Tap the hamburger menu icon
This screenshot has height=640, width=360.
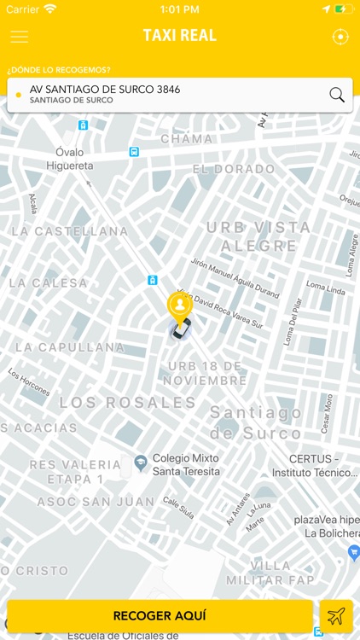tap(19, 37)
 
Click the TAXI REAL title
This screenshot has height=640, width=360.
tap(180, 36)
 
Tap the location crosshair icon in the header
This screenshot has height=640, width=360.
tap(340, 37)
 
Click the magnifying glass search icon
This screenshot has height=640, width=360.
tap(337, 95)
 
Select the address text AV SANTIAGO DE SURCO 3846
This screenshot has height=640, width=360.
tap(105, 89)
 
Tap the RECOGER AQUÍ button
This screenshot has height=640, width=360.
tap(160, 615)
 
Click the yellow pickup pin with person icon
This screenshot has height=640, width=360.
tap(179, 305)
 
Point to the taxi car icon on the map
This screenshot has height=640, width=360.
tap(179, 329)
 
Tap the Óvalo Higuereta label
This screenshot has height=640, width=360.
tap(69, 159)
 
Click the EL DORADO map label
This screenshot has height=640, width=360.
tap(233, 169)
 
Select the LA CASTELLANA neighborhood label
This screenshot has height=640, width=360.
tap(69, 231)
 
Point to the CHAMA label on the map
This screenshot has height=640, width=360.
tap(186, 139)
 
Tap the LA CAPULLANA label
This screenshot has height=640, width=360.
tap(70, 347)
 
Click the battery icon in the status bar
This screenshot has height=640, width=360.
tap(342, 9)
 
